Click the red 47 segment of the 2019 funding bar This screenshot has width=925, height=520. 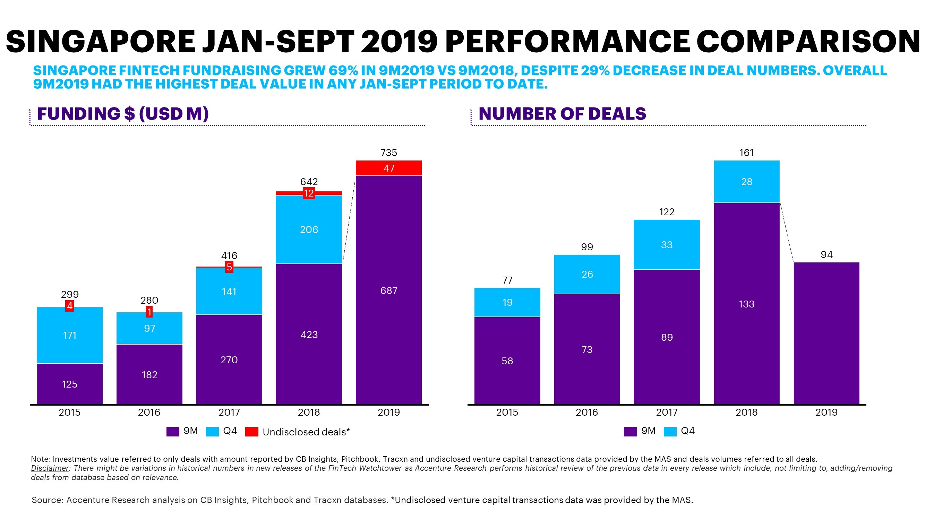388,168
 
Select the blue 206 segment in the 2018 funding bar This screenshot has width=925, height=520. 309,230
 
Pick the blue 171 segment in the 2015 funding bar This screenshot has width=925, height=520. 69,335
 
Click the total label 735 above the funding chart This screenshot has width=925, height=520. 388,153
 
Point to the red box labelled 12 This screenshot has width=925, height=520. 309,193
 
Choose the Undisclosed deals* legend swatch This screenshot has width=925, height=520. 251,431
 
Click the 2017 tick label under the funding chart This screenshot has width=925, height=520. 229,412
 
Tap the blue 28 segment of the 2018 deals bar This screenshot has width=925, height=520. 746,182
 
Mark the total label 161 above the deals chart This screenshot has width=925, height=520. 746,153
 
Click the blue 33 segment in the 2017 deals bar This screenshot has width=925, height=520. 667,245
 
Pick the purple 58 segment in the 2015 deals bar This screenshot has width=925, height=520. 507,361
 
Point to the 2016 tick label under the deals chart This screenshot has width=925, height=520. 587,412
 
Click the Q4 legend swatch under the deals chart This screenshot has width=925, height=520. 670,431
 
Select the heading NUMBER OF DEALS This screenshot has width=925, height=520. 562,114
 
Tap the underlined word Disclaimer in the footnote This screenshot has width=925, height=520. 50,468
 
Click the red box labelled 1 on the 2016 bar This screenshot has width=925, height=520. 149,312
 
